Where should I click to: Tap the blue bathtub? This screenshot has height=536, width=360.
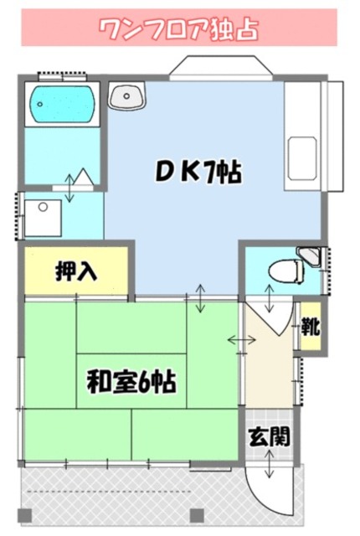point(61,104)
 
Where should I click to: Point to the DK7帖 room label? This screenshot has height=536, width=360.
point(198,173)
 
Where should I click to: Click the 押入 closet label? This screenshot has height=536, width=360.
point(75,271)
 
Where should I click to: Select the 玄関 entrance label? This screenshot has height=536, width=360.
point(269,435)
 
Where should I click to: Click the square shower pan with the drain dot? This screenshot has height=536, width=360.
point(43,216)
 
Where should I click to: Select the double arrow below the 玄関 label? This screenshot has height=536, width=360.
point(269,462)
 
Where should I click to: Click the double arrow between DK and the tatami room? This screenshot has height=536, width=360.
point(201,299)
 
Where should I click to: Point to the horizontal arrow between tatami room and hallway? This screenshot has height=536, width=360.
point(242,340)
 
